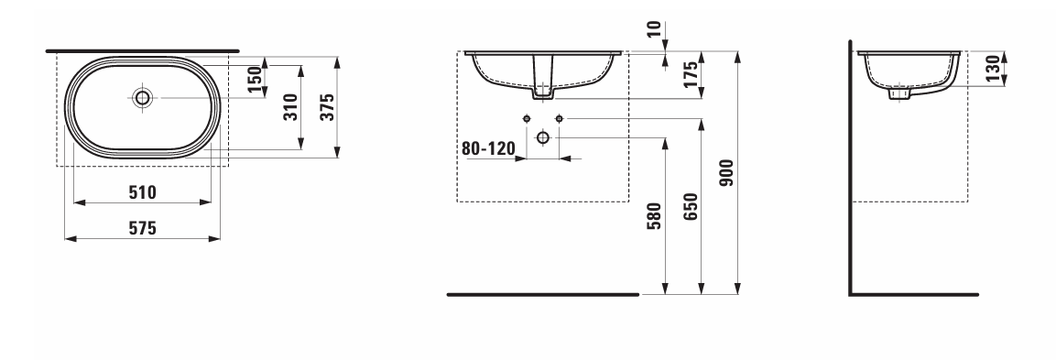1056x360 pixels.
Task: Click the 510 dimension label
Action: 142,192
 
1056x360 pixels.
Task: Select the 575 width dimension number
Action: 142,229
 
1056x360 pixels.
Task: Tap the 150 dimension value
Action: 254,81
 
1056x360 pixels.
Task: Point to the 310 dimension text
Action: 291,107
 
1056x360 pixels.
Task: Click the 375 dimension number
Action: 327,107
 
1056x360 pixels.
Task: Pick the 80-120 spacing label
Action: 488,148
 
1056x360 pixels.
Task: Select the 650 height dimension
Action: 691,206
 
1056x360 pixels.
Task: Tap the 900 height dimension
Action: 727,173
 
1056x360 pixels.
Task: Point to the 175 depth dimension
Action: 691,75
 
